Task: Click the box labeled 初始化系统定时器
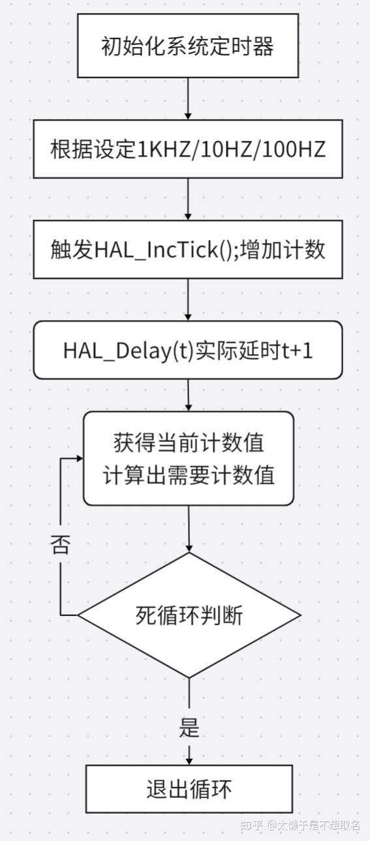[188, 46]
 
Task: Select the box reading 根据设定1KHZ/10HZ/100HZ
[188, 149]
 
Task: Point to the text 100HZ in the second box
[294, 149]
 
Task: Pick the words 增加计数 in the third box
[282, 249]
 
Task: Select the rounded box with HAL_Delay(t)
[188, 350]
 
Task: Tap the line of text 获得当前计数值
[189, 443]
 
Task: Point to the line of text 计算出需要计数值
[189, 475]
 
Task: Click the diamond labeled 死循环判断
[189, 615]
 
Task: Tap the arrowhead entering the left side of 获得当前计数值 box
[79, 458]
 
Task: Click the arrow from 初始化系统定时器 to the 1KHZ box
[188, 98]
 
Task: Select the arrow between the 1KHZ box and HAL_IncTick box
[188, 199]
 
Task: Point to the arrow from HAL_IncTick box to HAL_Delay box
[188, 300]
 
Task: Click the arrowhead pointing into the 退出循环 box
[189, 761]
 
